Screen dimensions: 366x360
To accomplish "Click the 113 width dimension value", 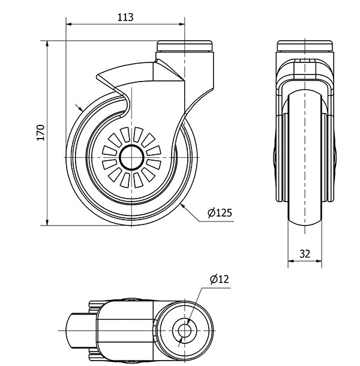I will click(x=125, y=17).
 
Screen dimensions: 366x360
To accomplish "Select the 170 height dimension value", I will click(x=40, y=133).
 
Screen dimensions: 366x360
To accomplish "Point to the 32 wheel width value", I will click(x=305, y=253).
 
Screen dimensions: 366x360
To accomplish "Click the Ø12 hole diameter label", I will click(x=219, y=279).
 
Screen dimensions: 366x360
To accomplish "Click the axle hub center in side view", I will click(x=132, y=157).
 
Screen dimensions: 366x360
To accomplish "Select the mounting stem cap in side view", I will click(x=185, y=46).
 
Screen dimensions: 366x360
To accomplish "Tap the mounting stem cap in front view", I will click(x=305, y=46).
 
